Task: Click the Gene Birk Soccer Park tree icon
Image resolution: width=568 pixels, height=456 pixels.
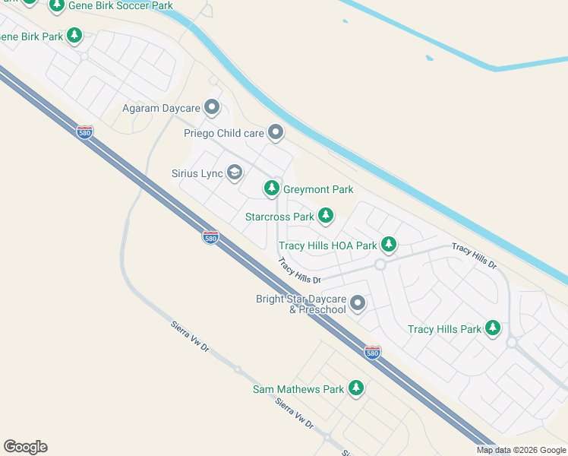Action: pyautogui.click(x=56, y=5)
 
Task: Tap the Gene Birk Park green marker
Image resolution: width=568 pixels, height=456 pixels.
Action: pyautogui.click(x=74, y=35)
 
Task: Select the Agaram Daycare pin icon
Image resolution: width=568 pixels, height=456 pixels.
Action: pyautogui.click(x=212, y=108)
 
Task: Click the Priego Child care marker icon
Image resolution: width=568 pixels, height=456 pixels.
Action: pyautogui.click(x=276, y=133)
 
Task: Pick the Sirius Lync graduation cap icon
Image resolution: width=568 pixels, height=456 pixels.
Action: pyautogui.click(x=235, y=173)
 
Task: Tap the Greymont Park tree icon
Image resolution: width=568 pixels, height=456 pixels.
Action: pyautogui.click(x=271, y=188)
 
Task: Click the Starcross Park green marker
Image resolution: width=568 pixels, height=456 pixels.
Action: pyautogui.click(x=326, y=217)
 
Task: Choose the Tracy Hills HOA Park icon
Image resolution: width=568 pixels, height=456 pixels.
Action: pyautogui.click(x=389, y=245)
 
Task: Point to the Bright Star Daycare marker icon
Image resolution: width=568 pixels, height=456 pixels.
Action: pyautogui.click(x=358, y=304)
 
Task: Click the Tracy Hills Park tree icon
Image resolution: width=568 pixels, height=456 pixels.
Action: pyautogui.click(x=494, y=328)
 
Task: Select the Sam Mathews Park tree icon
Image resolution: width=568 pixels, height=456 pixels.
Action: pyautogui.click(x=356, y=389)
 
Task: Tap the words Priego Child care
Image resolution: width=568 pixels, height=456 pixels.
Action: pyautogui.click(x=224, y=133)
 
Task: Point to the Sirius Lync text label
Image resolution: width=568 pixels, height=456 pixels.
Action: pyautogui.click(x=197, y=174)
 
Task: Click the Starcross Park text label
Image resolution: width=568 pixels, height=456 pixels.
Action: pyautogui.click(x=279, y=217)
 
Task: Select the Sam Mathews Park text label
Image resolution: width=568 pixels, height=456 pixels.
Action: pyautogui.click(x=298, y=390)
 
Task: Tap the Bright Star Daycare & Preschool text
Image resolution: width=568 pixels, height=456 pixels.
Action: pyautogui.click(x=301, y=304)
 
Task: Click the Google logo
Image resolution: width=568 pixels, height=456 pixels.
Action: pyautogui.click(x=25, y=447)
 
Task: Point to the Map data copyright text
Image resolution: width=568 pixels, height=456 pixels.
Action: pyautogui.click(x=521, y=450)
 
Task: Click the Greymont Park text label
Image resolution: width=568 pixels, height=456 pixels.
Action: pyautogui.click(x=318, y=189)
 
